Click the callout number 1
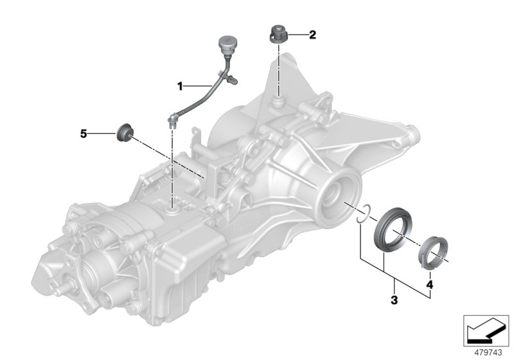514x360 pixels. (x=181, y=85)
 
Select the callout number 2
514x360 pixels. (x=312, y=35)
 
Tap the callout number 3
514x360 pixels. (x=394, y=300)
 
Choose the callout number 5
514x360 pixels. (x=83, y=134)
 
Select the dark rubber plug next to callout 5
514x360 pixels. (x=124, y=133)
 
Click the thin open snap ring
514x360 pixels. (x=364, y=215)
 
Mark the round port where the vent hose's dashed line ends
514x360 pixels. (x=174, y=209)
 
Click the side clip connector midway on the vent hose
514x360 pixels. (x=233, y=80)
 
